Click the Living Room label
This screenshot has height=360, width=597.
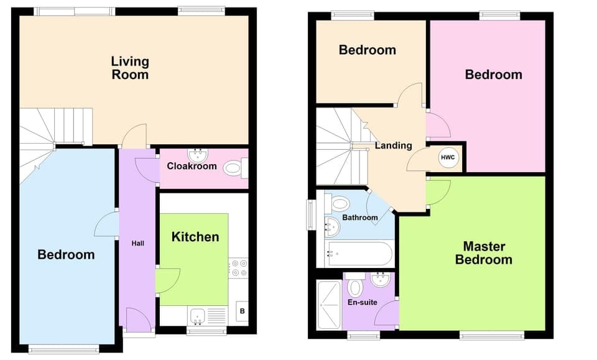click(x=130, y=68)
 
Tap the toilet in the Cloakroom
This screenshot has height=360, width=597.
click(x=234, y=167)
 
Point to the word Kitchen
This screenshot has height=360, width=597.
click(x=195, y=237)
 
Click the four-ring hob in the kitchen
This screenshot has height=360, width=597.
click(x=239, y=268)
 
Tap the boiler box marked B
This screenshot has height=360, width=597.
click(x=241, y=311)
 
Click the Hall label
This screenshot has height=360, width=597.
click(x=137, y=243)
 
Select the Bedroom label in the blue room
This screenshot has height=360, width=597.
click(x=66, y=254)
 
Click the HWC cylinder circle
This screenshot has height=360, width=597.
click(x=448, y=157)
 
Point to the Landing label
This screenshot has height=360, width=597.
click(x=393, y=145)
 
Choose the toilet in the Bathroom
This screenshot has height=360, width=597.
click(x=340, y=203)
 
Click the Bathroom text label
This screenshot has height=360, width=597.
click(x=360, y=218)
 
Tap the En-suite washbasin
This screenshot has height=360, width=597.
click(x=380, y=281)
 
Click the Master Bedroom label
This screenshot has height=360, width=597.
click(x=483, y=253)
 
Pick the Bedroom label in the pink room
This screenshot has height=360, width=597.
click(x=494, y=75)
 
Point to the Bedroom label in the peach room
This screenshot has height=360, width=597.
click(x=367, y=50)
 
